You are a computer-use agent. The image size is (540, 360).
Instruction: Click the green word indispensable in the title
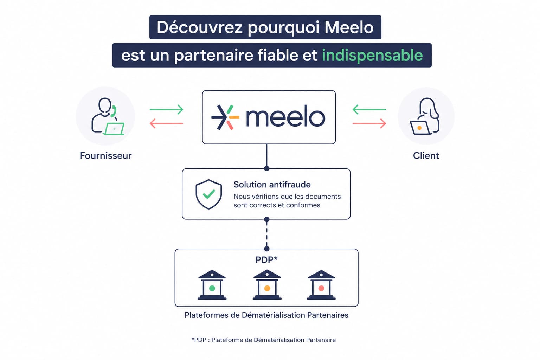pyautogui.click(x=372, y=56)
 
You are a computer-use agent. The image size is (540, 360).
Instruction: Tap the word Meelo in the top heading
pyautogui.click(x=349, y=27)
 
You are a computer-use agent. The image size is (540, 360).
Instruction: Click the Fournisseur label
pyautogui.click(x=105, y=156)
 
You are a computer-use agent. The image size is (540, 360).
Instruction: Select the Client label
pyautogui.click(x=426, y=156)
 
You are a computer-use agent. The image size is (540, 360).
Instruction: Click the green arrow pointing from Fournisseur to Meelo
pyautogui.click(x=166, y=109)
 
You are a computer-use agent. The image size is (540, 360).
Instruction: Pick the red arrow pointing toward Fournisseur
pyautogui.click(x=166, y=123)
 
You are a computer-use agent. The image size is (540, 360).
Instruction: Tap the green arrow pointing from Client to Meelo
pyautogui.click(x=369, y=109)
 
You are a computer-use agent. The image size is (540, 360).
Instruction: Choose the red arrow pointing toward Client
pyautogui.click(x=369, y=123)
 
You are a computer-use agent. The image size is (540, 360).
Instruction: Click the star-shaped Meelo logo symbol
pyautogui.click(x=225, y=117)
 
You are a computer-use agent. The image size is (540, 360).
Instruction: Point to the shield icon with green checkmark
pyautogui.click(x=209, y=194)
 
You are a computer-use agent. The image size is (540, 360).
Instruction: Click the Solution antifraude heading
pyautogui.click(x=272, y=185)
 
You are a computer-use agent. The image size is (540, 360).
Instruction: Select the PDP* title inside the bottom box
pyautogui.click(x=266, y=260)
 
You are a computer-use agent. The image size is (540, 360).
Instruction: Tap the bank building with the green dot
pyautogui.click(x=212, y=285)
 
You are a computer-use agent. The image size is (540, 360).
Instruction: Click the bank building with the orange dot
pyautogui.click(x=267, y=285)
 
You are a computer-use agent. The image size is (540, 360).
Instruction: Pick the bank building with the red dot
pyautogui.click(x=321, y=285)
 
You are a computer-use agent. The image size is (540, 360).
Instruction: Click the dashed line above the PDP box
pyautogui.click(x=266, y=234)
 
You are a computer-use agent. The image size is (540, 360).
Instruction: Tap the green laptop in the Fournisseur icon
pyautogui.click(x=114, y=129)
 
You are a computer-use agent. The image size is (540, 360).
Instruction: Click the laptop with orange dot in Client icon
pyautogui.click(x=420, y=128)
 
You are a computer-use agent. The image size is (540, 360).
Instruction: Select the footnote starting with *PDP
pyautogui.click(x=263, y=340)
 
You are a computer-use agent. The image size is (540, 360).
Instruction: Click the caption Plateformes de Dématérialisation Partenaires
pyautogui.click(x=266, y=315)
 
